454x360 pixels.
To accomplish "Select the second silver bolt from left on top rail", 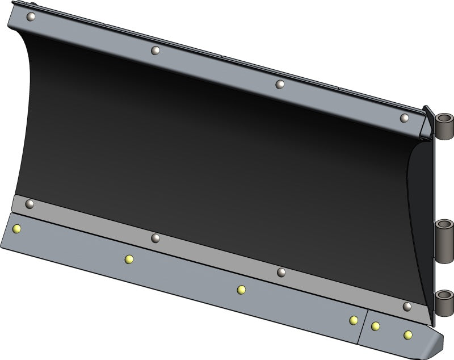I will pos(154,51).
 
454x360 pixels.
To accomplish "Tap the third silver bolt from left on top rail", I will pos(279,84).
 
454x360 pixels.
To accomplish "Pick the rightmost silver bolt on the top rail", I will pos(404,118).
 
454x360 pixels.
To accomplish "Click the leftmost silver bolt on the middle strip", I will pos(30,203).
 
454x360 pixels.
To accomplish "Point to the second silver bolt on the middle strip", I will pos(155,238).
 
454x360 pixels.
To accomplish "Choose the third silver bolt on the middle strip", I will pos(281,273).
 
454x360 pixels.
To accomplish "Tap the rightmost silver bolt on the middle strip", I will pos(406,307).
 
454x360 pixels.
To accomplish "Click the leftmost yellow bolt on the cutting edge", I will pos(17,229).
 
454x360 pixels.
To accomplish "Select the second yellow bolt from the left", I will pos(129,259).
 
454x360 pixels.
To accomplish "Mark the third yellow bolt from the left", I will pos(241,290).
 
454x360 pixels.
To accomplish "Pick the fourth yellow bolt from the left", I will pos(354,320).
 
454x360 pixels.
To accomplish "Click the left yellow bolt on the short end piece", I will pos(375,326).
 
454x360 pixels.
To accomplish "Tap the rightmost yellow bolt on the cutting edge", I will pos(407,335).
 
